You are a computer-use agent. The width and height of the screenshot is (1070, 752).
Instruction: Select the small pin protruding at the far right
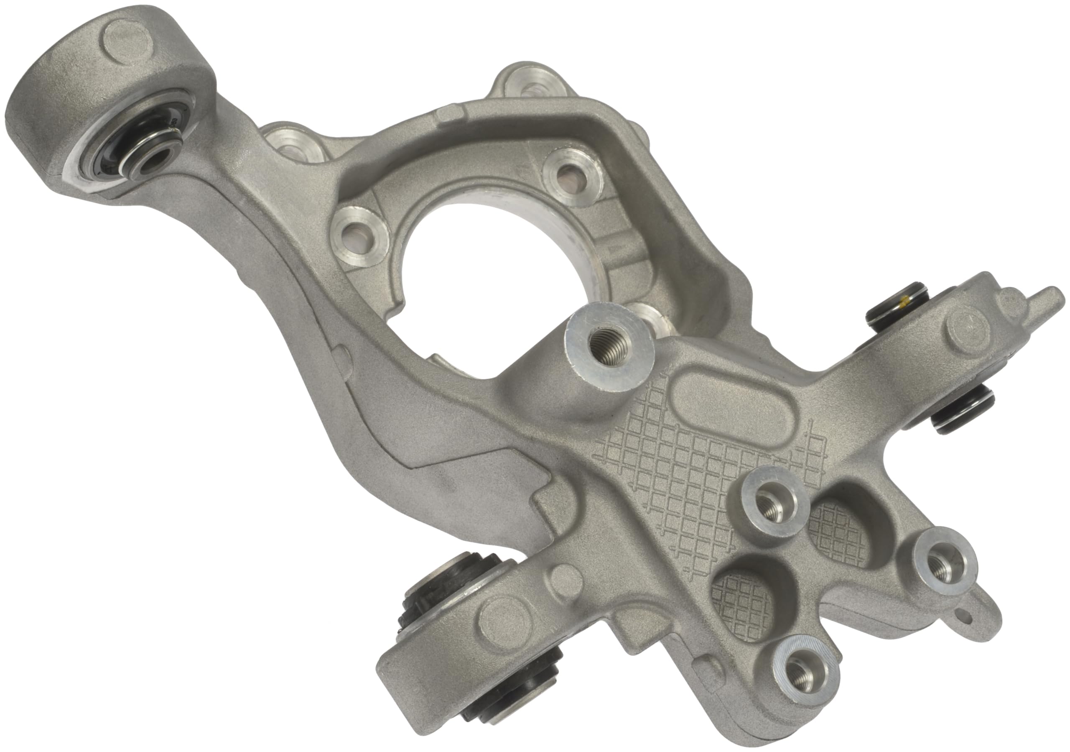coord(1044,298)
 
